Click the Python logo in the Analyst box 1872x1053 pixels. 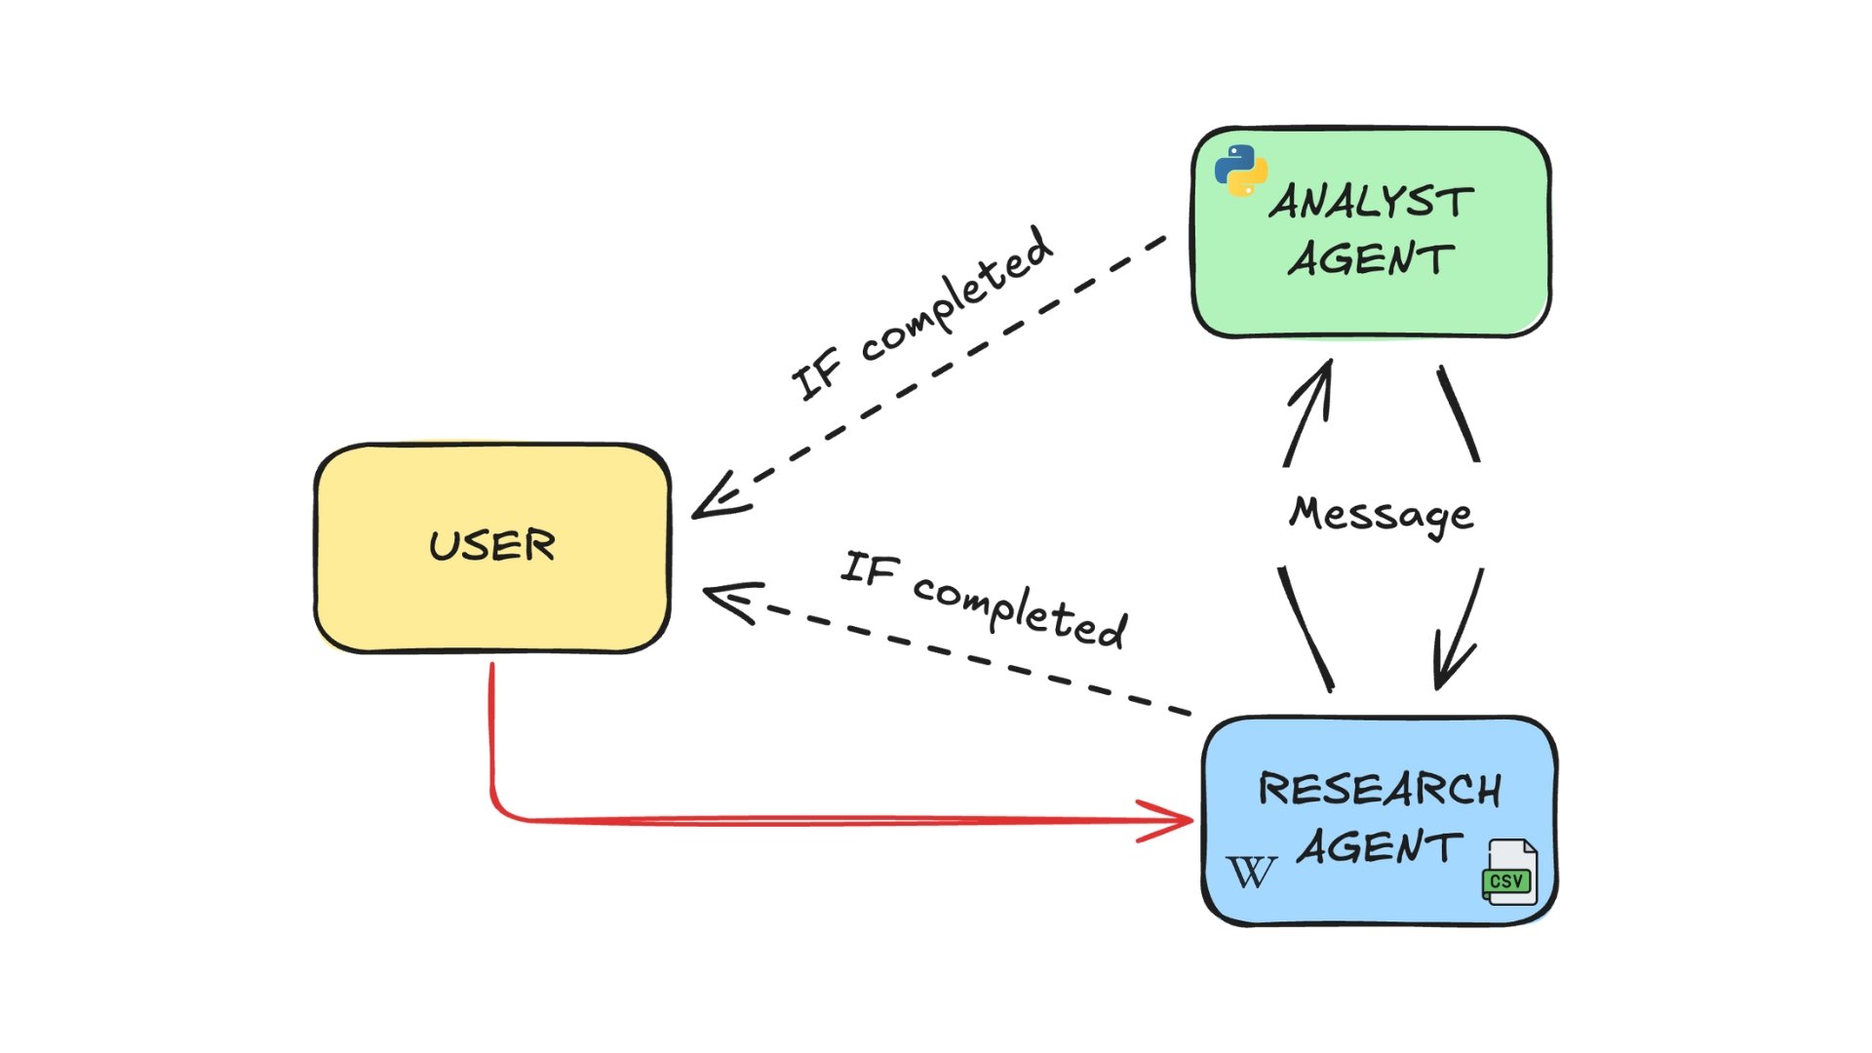pyautogui.click(x=1240, y=171)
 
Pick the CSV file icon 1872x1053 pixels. pyautogui.click(x=1509, y=872)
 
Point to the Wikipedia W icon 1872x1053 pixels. pyautogui.click(x=1251, y=872)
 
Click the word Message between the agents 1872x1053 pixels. pyautogui.click(x=1381, y=514)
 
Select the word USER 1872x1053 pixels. pyautogui.click(x=492, y=545)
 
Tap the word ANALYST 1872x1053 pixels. pyautogui.click(x=1371, y=202)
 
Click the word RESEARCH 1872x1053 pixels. pyautogui.click(x=1380, y=789)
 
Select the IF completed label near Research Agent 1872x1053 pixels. pyautogui.click(x=985, y=599)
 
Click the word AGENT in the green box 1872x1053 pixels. pyautogui.click(x=1371, y=259)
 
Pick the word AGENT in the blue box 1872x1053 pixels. pyautogui.click(x=1380, y=847)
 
